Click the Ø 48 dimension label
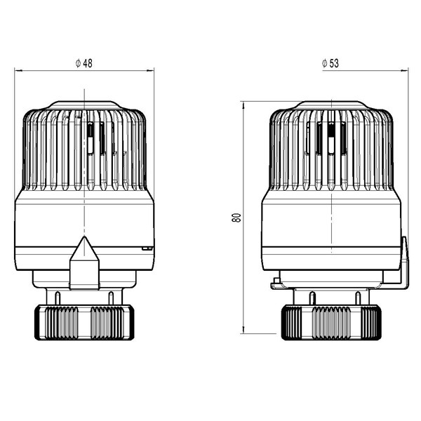(84, 63)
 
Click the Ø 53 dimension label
(330, 63)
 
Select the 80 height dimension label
(236, 218)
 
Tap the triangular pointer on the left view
(84, 262)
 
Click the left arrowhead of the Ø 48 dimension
(18, 71)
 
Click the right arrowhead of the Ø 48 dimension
(150, 71)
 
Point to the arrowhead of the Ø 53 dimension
(404, 71)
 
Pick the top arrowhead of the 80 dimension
(243, 105)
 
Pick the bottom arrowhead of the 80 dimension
(243, 330)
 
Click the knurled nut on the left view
(84, 322)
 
